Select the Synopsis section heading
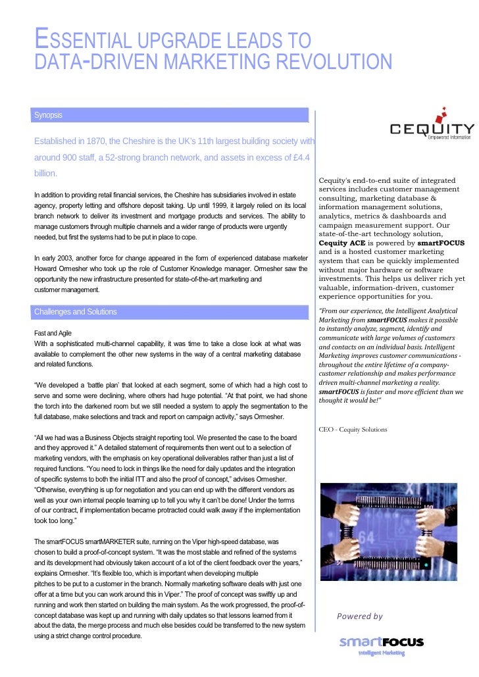(x=49, y=115)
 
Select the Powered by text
(x=359, y=616)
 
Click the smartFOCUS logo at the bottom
(x=382, y=642)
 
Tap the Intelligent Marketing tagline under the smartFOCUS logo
(x=381, y=653)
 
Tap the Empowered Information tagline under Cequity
(x=449, y=137)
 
